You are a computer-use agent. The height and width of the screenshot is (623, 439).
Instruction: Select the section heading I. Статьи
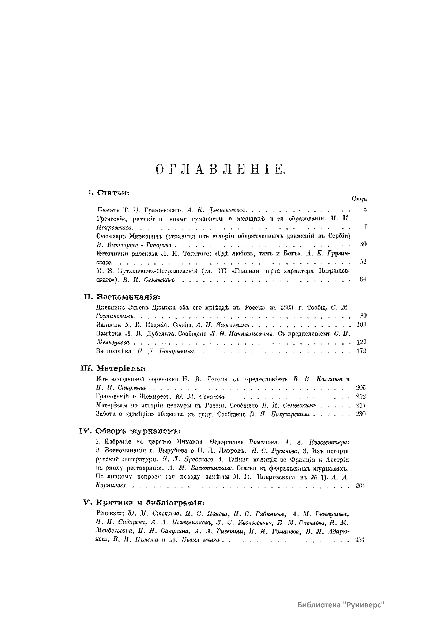pyautogui.click(x=109, y=192)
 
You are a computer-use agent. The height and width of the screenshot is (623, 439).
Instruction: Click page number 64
pyautogui.click(x=363, y=280)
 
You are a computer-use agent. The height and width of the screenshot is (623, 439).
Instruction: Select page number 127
pyautogui.click(x=361, y=342)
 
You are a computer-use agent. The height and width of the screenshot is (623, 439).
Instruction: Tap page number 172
pyautogui.click(x=361, y=351)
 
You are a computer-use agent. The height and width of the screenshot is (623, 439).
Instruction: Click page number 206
pyautogui.click(x=361, y=387)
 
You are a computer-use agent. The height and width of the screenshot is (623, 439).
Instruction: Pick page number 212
pyautogui.click(x=361, y=396)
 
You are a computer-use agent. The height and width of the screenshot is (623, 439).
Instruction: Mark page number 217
pyautogui.click(x=361, y=405)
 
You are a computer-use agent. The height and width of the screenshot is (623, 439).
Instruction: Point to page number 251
pyautogui.click(x=361, y=540)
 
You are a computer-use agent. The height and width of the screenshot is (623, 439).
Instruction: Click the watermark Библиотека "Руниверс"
pyautogui.click(x=342, y=604)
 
